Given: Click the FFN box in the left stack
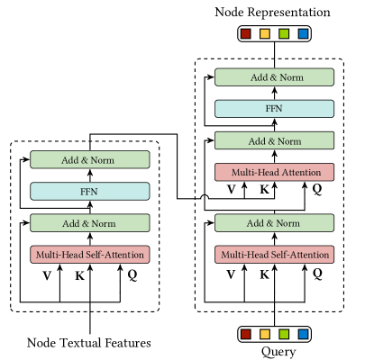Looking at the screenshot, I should (90, 191).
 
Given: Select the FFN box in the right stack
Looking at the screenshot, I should (274, 109).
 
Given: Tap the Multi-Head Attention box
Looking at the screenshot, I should (274, 172).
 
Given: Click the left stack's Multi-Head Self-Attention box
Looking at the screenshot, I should (90, 255).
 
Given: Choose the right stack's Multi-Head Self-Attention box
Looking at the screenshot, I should (274, 255).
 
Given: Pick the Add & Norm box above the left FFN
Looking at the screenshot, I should (90, 159).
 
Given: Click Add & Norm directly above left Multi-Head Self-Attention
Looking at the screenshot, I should (90, 223).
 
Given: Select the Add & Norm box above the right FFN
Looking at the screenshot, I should (274, 77).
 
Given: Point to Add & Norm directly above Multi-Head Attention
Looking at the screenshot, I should (274, 140).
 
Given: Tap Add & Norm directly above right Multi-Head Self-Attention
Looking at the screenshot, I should (274, 223).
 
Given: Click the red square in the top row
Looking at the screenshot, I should (245, 34).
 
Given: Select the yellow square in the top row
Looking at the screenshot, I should (265, 34).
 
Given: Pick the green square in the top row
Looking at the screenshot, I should (284, 34).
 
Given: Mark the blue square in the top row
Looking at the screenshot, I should (303, 34).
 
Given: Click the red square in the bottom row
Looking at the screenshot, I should (245, 334).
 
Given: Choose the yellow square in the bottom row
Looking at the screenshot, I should (265, 334).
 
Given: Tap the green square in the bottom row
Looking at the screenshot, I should (284, 334).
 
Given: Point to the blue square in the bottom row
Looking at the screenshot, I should (303, 334).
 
